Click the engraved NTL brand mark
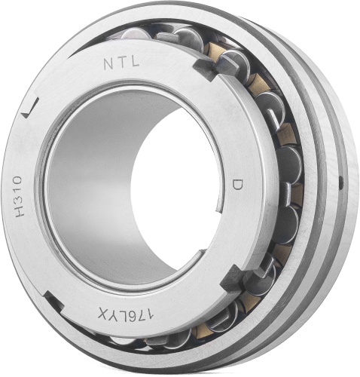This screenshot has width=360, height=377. [121, 63]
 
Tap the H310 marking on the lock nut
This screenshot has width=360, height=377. [19, 196]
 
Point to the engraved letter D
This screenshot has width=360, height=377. [237, 185]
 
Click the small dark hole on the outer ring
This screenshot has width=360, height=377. [340, 182]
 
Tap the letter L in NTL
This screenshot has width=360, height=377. [134, 62]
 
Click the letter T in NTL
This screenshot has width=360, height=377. [121, 63]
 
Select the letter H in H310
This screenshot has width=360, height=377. [20, 211]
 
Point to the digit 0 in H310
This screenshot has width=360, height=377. [18, 180]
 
